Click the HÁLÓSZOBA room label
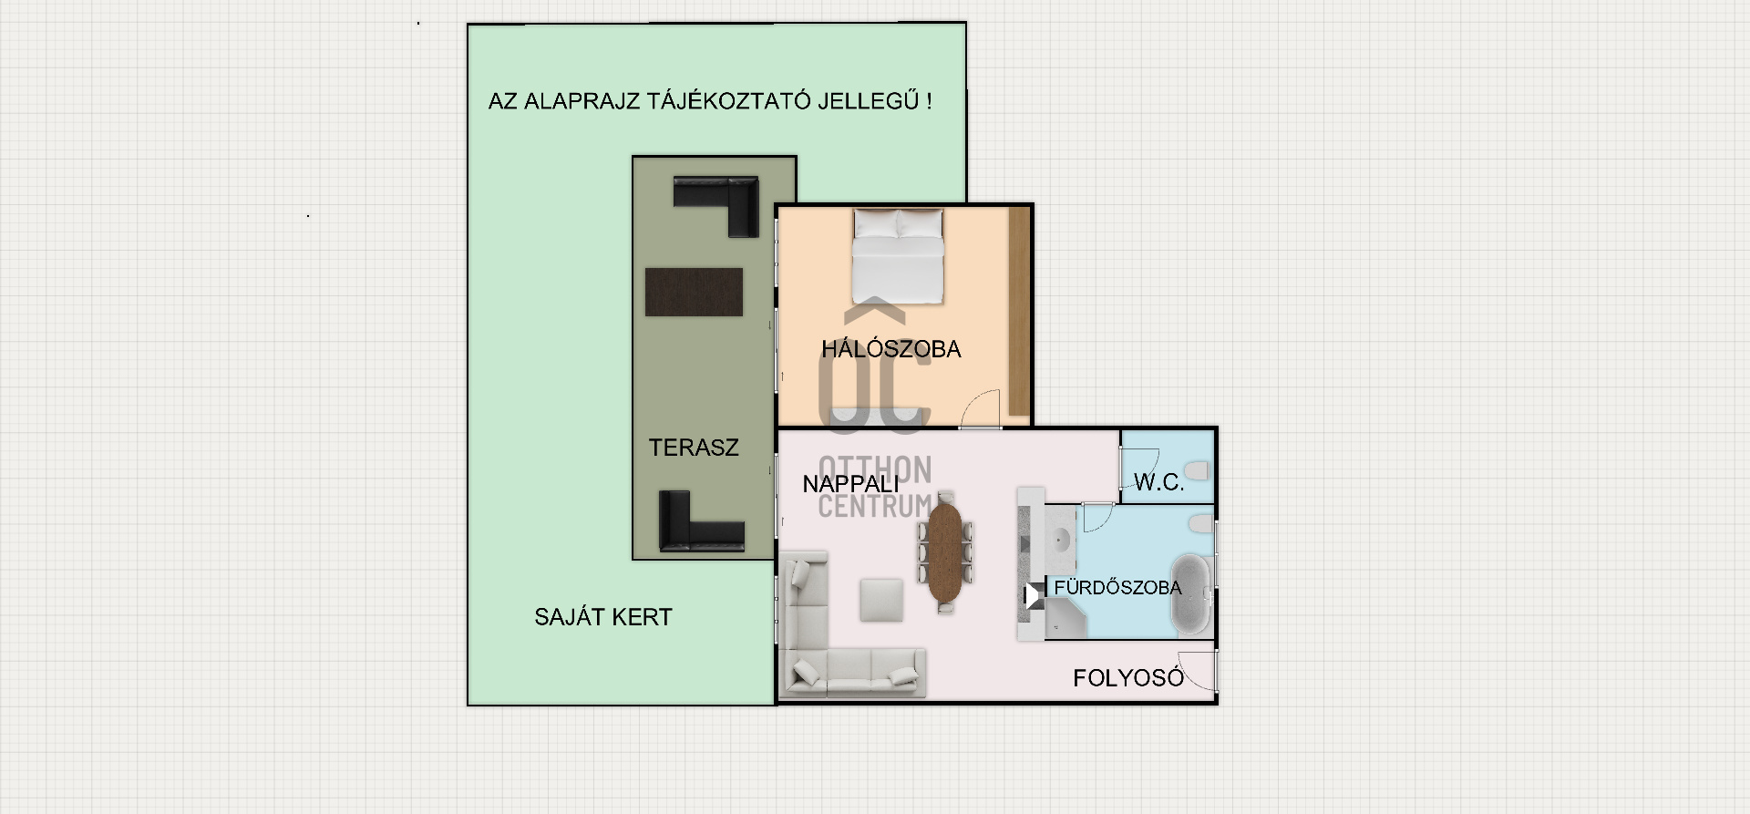pos(890,348)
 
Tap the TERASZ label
pos(694,448)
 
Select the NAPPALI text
pos(850,484)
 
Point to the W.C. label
pos(1158,482)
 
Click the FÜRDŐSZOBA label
pos(1117,588)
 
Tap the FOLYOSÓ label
pos(1128,678)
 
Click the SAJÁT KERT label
pos(603,617)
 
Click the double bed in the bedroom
pos(897,256)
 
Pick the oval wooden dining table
pos(945,552)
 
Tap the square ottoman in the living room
pos(882,600)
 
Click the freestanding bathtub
pos(1190,594)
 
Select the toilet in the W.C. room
pos(1197,470)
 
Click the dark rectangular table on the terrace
pos(694,292)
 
